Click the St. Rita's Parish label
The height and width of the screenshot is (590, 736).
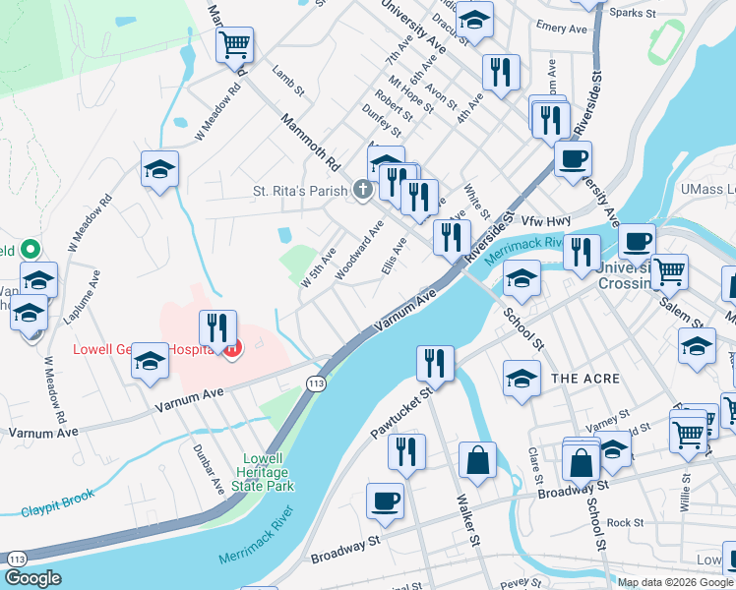(x=302, y=191)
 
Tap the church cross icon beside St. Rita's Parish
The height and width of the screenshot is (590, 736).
(x=363, y=190)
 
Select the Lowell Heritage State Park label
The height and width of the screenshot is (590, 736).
(x=269, y=472)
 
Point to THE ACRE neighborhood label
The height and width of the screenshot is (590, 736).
(x=585, y=379)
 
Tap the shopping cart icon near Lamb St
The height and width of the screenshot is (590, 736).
(x=234, y=43)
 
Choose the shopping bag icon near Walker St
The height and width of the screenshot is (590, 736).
(x=477, y=461)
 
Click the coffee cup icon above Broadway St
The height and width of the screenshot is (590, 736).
(x=384, y=500)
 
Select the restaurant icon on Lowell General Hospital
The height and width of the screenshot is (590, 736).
(x=216, y=327)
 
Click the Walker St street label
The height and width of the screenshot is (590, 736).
(x=466, y=520)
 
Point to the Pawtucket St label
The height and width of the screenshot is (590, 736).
(x=400, y=412)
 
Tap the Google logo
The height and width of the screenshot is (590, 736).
(x=33, y=578)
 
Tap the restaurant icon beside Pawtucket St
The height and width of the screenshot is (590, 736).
(x=433, y=363)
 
